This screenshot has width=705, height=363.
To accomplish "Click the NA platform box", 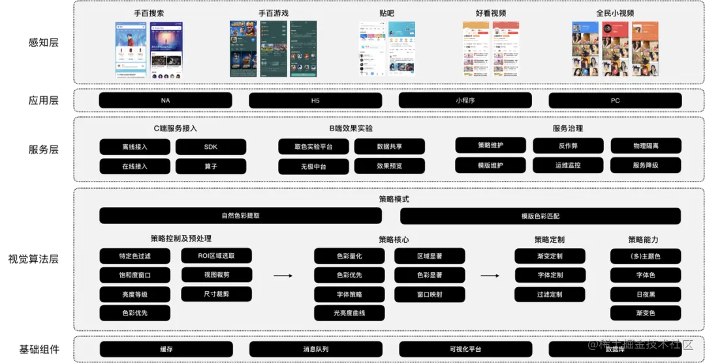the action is (x=165, y=101).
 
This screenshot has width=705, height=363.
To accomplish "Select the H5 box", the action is (x=315, y=101).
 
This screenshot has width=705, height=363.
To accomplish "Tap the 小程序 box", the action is (x=465, y=101).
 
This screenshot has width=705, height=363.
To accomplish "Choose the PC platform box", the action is (x=615, y=101).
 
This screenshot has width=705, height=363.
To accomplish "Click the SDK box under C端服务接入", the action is (x=211, y=147).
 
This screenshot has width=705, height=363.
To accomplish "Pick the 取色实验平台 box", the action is (x=313, y=147).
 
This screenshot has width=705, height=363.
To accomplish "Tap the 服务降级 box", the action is (x=646, y=165).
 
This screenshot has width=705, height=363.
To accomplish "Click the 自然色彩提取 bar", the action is (x=240, y=215).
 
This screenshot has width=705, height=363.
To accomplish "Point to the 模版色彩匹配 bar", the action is (x=540, y=216).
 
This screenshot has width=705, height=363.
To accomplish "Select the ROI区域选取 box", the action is (x=216, y=256).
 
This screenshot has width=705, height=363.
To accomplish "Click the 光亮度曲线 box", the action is (x=349, y=313).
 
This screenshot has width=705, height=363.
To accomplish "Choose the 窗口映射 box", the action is (x=430, y=294).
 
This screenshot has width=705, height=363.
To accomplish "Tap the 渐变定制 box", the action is (x=550, y=256).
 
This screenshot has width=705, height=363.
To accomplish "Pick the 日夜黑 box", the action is (x=646, y=294).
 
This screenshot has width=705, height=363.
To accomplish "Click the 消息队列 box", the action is (x=315, y=349).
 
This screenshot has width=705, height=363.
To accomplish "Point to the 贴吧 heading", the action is (x=386, y=13).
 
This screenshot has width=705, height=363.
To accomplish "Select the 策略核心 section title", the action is (x=394, y=240).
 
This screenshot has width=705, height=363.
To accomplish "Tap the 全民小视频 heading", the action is (x=615, y=13).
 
